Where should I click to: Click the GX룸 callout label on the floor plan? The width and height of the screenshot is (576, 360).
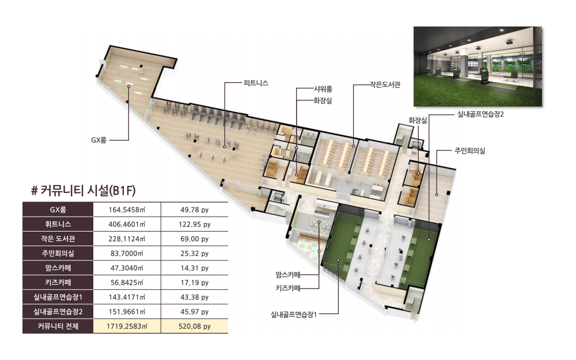pos(99,140)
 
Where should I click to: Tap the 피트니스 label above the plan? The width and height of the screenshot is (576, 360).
pos(256,83)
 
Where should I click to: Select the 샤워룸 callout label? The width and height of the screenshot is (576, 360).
pos(323,89)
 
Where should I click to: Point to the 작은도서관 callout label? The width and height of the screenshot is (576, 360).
pos(385,85)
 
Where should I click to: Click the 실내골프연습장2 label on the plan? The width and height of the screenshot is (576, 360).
pos(480,114)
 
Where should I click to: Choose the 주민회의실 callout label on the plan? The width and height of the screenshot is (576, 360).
pos(470,150)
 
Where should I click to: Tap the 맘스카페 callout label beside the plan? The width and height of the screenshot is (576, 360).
pos(288,274)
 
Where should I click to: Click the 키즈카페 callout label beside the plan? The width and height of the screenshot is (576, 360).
pos(288,288)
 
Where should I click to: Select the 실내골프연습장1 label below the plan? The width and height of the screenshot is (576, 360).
pos(294,314)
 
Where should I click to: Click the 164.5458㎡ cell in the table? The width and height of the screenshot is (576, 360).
pos(127,210)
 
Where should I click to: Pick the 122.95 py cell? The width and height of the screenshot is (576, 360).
pos(195,224)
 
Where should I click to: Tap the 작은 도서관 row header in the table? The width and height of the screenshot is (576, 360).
pos(58,239)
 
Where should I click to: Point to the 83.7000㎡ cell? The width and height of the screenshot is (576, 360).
pos(127,253)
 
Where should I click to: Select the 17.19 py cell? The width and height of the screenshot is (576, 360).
pos(195,282)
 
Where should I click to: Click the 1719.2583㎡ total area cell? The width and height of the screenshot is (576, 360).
pos(127,326)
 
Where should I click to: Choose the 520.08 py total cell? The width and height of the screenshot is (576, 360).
pos(195,326)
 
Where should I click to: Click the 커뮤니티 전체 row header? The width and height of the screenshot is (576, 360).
pos(58,326)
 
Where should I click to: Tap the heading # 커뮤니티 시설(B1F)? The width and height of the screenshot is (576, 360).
pos(84,190)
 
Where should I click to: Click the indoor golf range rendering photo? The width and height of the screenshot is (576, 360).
pos(478,66)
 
